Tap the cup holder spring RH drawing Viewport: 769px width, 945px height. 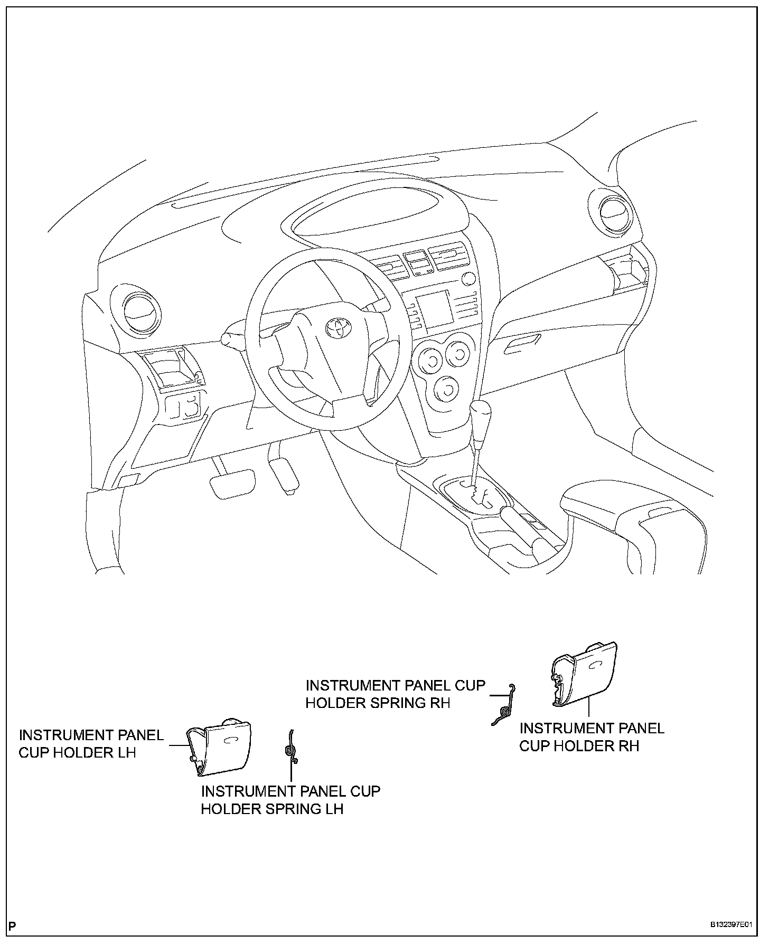504,705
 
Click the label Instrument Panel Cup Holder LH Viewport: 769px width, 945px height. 91,743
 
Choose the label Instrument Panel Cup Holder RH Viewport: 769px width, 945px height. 592,736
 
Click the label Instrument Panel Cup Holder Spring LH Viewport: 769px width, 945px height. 290,800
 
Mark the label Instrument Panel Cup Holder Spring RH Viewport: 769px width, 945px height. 395,694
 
